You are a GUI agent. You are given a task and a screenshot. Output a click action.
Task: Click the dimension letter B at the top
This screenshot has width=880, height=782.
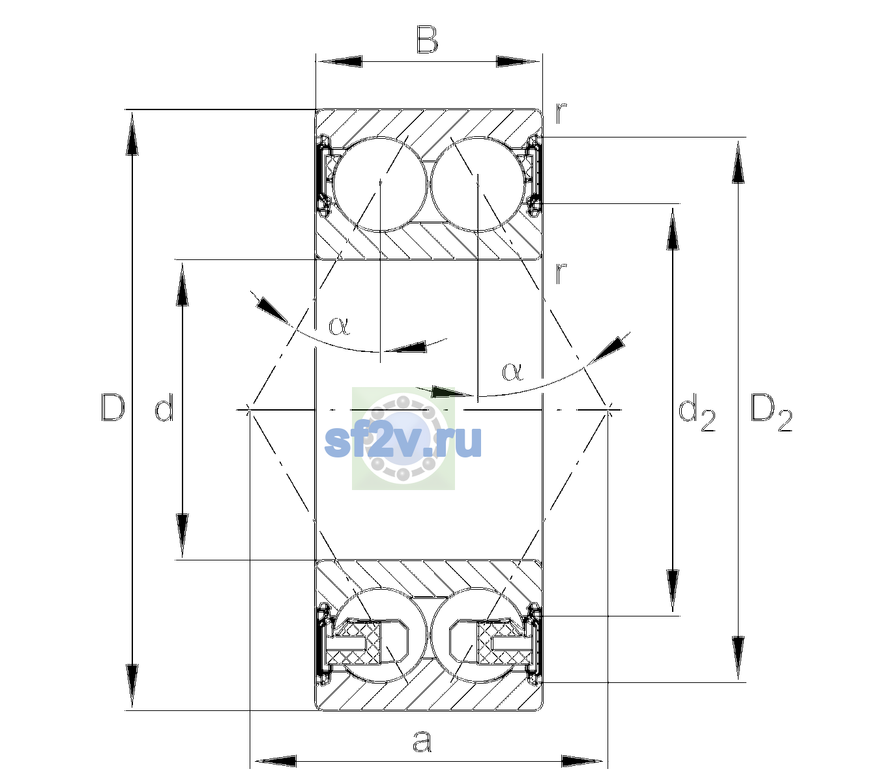tap(427, 40)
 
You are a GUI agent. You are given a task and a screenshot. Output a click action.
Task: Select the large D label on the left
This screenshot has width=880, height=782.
tap(113, 407)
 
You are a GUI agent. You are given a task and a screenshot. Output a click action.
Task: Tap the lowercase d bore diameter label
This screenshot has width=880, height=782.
tap(164, 407)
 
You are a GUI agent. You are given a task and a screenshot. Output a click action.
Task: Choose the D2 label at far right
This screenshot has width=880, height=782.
tap(771, 413)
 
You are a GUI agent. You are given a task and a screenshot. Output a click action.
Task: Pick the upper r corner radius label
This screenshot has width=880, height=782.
tap(561, 113)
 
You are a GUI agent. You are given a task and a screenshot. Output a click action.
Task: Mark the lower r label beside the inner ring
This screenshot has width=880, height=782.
tap(561, 273)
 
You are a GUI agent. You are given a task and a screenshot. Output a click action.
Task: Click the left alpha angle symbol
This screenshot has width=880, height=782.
tap(339, 326)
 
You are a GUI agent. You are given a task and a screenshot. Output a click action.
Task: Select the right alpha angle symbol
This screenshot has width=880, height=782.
tap(512, 371)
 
